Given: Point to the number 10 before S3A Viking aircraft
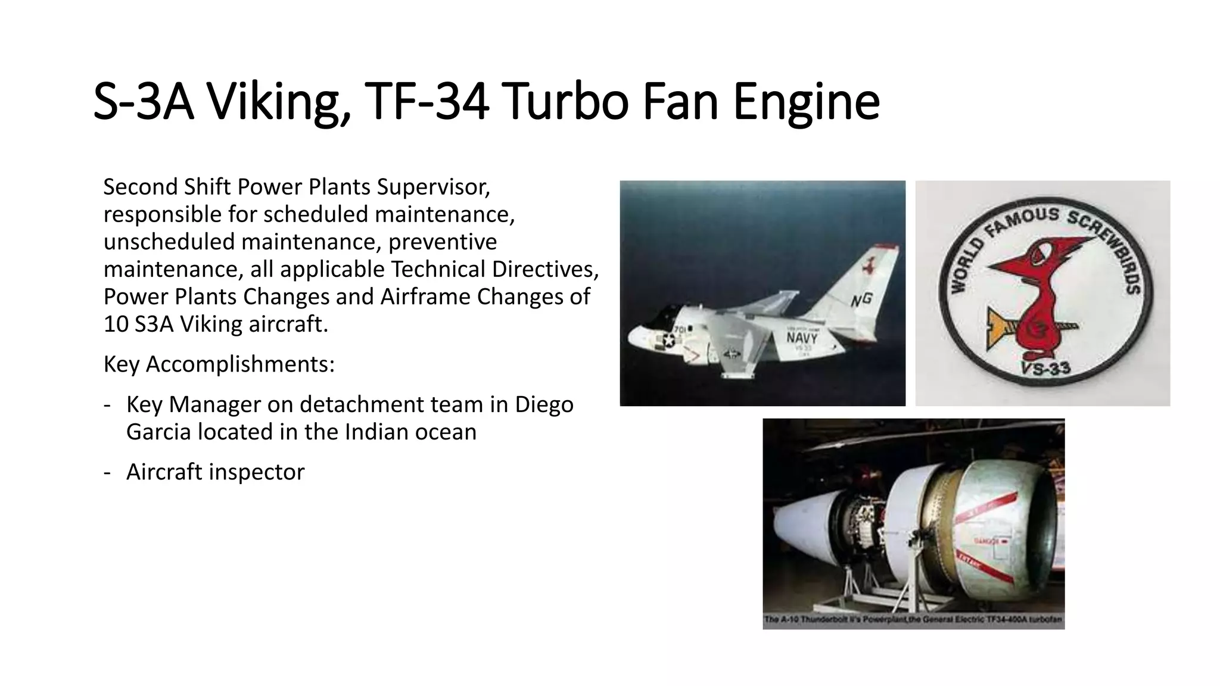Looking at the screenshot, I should coord(116,325).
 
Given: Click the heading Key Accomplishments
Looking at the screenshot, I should coord(219,364).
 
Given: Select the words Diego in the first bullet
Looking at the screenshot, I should coord(544,404).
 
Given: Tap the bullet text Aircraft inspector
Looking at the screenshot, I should coord(215,472).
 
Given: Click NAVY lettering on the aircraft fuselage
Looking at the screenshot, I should coord(802,338).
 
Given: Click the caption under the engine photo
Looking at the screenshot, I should coord(913,620).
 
